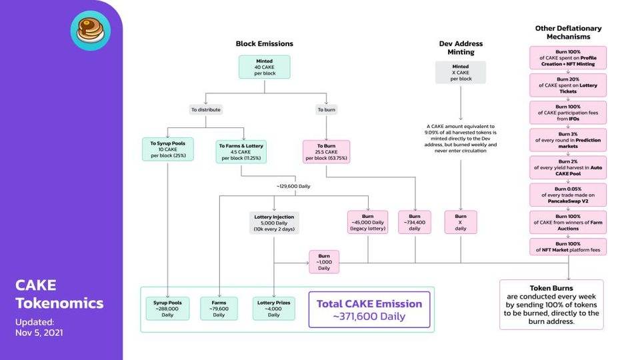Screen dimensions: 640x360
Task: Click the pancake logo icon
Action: (90, 31)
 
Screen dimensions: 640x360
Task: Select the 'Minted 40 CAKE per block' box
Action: (265, 67)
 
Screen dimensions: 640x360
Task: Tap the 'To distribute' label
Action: (206, 109)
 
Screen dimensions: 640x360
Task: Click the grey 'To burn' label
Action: (326, 109)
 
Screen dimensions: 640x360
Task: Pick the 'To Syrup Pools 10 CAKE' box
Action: (168, 149)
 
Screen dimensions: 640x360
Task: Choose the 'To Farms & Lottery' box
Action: (241, 152)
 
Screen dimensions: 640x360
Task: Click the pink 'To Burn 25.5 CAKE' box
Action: (326, 152)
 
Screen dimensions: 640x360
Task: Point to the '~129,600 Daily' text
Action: (293, 186)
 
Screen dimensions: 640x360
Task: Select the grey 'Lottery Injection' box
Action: (274, 223)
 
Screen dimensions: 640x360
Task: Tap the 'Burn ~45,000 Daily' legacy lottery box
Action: (367, 223)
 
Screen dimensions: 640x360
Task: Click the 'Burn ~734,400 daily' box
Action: (414, 223)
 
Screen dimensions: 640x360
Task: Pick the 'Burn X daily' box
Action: (461, 223)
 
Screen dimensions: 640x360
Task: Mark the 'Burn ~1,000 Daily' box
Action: (324, 262)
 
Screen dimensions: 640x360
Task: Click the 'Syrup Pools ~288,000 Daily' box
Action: (167, 309)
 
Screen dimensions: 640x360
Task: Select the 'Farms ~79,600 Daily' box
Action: (219, 309)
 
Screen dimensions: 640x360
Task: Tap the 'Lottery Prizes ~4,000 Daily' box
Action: (273, 309)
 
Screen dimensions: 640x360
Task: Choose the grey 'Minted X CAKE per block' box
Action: (461, 73)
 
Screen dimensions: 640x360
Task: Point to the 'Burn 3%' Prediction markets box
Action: (568, 140)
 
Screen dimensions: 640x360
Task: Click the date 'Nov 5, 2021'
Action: (39, 333)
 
